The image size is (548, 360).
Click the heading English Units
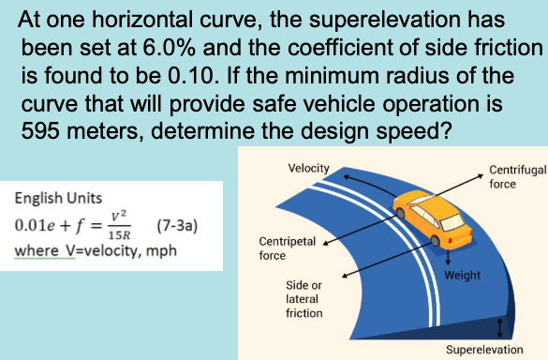pyautogui.click(x=55, y=200)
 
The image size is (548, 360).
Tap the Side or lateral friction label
pyautogui.click(x=304, y=298)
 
